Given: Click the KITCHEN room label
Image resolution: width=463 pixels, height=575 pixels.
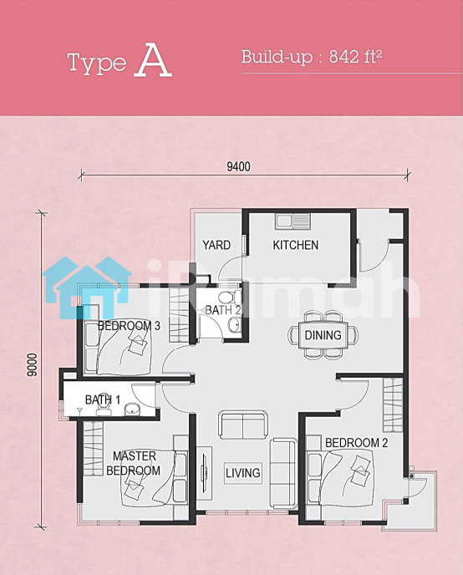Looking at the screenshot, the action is coord(296,245).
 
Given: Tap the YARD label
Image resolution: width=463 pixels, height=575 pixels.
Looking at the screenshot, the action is coord(216,245).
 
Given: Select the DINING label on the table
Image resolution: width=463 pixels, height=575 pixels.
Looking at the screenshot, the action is coord(323,335).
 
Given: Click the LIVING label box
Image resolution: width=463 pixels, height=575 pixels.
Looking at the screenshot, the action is coord(243,473).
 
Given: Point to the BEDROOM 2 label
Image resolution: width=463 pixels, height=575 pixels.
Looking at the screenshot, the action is coord(356,443).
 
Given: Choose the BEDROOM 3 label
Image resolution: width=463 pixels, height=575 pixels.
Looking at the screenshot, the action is coord(129,326).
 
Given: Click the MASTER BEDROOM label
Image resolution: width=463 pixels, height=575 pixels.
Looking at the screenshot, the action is coord(134,463).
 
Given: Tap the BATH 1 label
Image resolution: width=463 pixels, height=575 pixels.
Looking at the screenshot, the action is coord(103,399).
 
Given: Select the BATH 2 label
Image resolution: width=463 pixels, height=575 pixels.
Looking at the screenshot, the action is coord(223,310).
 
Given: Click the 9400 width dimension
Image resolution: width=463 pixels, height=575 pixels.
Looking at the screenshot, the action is coord(239,166).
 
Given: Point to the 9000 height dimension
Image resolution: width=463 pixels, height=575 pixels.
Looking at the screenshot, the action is coord(33,365).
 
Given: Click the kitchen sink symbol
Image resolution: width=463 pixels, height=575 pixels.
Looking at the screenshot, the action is coord(293,221).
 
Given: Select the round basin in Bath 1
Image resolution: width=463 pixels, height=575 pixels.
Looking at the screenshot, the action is coord(131,410).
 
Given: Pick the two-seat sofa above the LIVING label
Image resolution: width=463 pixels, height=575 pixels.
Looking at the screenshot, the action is coord(243,425).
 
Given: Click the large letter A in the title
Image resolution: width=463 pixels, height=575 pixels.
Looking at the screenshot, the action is coord(153,60).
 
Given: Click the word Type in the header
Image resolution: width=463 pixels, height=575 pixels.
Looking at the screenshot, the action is coord(97,64).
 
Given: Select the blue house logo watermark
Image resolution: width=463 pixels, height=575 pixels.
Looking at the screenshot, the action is coord(87,287).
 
